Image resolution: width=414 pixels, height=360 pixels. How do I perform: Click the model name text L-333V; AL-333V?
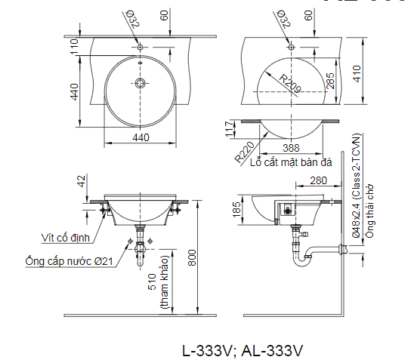coord(242,350)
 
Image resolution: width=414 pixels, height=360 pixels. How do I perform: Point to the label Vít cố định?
coord(67,238)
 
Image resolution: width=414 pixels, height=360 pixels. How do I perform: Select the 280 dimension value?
coord(317,180)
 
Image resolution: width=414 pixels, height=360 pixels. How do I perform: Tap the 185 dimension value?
coord(237,210)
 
